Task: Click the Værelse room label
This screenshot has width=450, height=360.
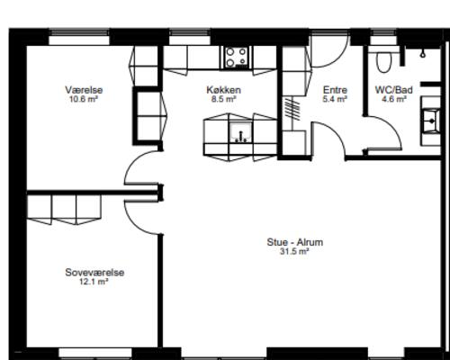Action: point(82,89)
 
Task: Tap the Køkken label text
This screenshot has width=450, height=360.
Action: point(223,90)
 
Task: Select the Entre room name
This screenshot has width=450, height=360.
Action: point(335,90)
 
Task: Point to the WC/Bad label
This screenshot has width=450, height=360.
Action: point(393,90)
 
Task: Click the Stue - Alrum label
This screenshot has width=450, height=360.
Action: point(294,242)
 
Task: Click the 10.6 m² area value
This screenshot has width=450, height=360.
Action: point(82,99)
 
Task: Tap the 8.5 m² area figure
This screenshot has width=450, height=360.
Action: point(223,100)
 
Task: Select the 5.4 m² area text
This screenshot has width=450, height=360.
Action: point(335,100)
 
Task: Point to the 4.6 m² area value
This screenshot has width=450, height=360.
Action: point(393,100)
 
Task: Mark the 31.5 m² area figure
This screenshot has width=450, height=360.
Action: point(294,252)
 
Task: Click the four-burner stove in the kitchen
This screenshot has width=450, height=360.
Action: point(237,57)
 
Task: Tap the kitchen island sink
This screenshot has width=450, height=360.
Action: point(240,136)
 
